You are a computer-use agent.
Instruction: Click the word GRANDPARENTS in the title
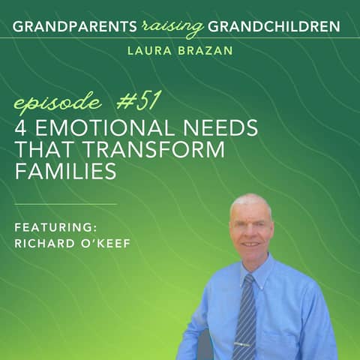pos(73,27)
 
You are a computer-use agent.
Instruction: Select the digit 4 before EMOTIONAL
pos(21,128)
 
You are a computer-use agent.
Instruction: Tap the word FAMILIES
pos(65,172)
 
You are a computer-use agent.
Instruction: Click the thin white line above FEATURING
pos(66,204)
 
